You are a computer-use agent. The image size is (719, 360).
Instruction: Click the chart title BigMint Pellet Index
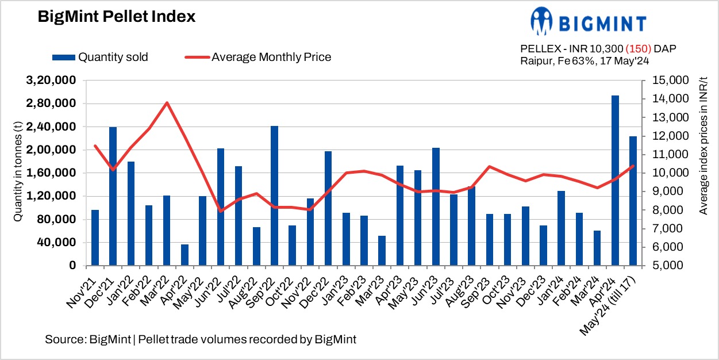coord(117,17)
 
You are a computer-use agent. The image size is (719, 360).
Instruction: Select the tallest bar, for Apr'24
coord(615,181)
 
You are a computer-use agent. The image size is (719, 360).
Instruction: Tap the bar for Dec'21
coord(113,196)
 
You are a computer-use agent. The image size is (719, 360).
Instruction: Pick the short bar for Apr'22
coord(184,255)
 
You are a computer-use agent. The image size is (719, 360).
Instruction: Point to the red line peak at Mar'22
coord(167,103)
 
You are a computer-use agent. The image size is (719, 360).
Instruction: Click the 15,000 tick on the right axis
coord(668,81)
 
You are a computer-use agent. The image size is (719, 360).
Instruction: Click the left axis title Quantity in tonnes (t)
coord(18,173)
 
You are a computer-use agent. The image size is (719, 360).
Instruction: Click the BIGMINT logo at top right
coord(589,21)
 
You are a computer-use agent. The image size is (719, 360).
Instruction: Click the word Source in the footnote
coord(64,339)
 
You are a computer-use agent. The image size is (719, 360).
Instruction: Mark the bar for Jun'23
coord(436,207)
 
